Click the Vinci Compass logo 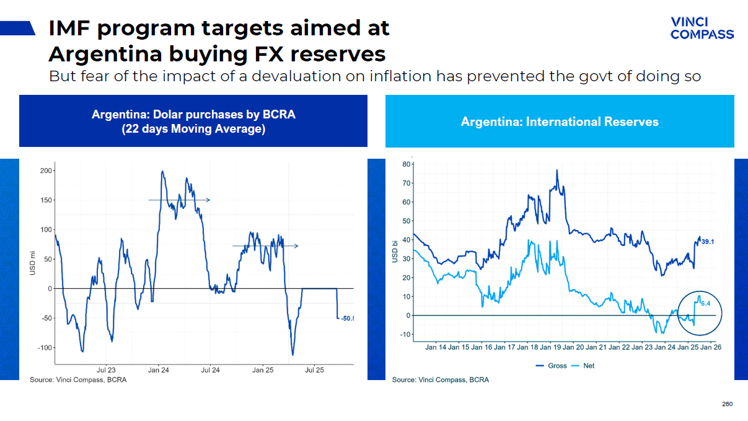point(702,28)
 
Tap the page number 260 point(727,404)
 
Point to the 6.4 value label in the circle point(705,304)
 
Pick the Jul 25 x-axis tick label point(314,370)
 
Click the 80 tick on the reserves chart point(407,164)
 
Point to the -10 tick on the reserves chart point(405,335)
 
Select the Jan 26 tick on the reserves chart point(710,347)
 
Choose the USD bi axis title point(395,251)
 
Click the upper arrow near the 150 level point(179,200)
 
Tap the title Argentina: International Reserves point(560,122)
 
